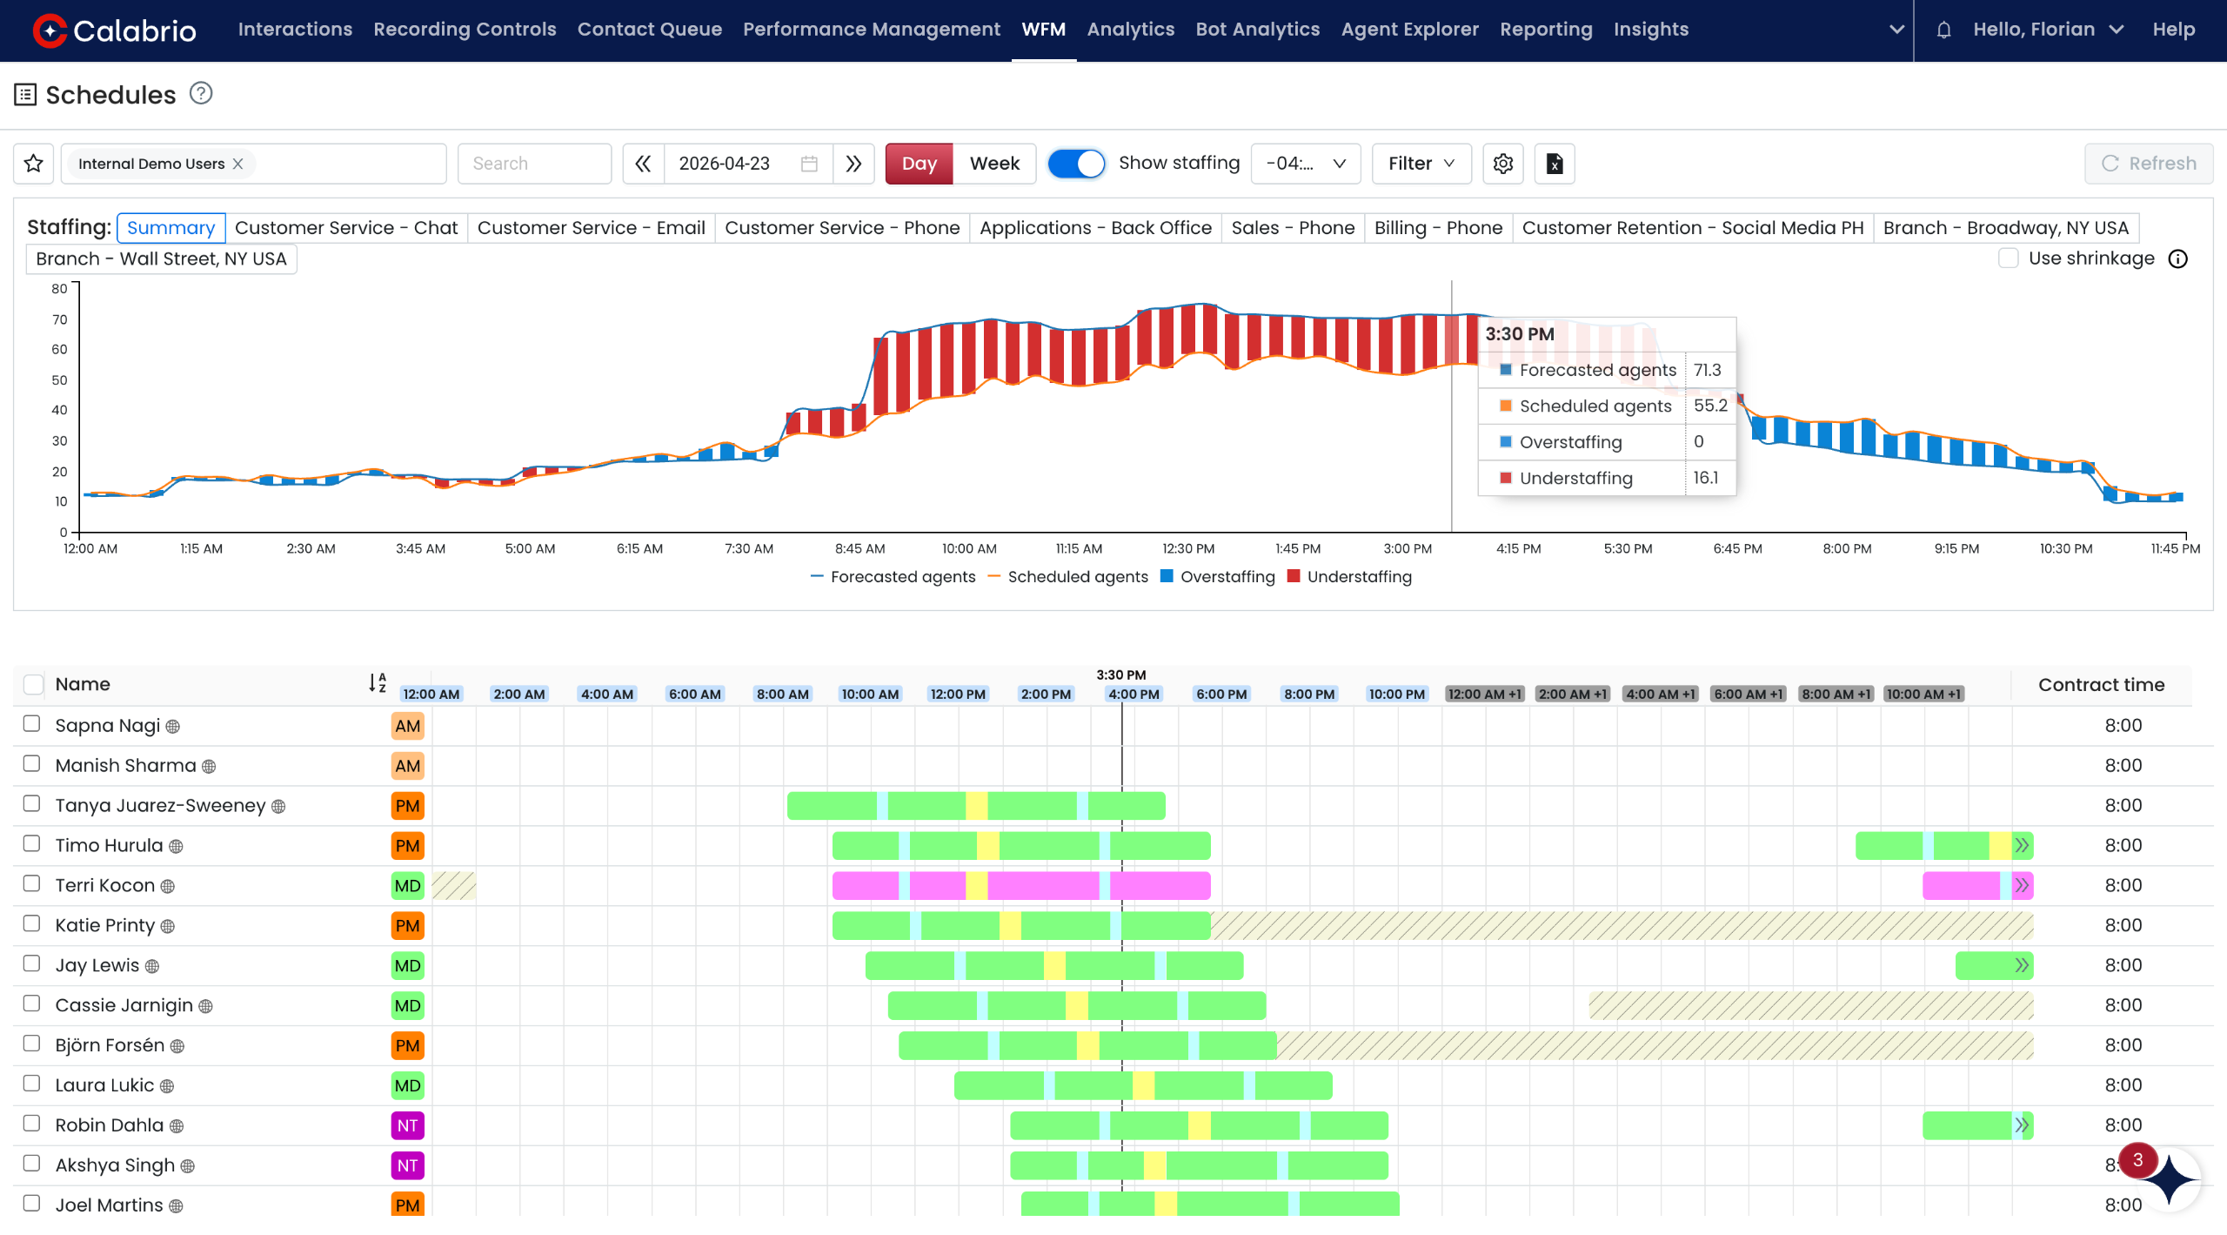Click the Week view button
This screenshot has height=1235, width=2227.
[x=993, y=164]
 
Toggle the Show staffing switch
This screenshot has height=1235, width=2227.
[x=1076, y=164]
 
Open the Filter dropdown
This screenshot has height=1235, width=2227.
[x=1421, y=164]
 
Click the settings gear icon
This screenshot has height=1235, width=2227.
[x=1502, y=164]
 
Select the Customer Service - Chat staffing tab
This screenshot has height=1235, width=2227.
[x=346, y=228]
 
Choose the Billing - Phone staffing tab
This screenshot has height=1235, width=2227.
[x=1438, y=228]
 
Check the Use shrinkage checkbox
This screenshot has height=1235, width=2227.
[x=2008, y=258]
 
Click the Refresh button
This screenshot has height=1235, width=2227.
[x=2149, y=164]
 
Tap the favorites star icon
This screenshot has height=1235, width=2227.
[x=34, y=164]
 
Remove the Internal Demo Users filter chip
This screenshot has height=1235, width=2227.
[x=237, y=164]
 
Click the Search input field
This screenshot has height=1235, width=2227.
[x=534, y=164]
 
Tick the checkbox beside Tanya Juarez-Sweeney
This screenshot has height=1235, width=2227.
[x=32, y=804]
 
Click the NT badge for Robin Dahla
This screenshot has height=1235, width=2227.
[x=407, y=1125]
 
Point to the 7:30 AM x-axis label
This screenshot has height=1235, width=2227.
[x=749, y=549]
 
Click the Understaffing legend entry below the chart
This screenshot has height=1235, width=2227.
[x=1349, y=577]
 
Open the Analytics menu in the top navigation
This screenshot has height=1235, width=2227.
[x=1130, y=30]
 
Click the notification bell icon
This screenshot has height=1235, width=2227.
[x=1943, y=30]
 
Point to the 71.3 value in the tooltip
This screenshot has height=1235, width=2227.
[x=1707, y=370]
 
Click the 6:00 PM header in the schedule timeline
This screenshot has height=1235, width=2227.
[x=1221, y=695]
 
